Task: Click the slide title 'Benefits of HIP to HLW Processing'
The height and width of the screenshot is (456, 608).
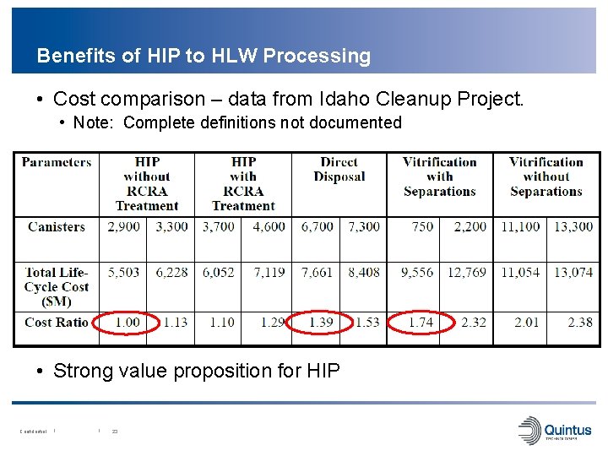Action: pyautogui.click(x=204, y=56)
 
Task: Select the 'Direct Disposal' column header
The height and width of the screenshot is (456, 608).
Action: pyautogui.click(x=339, y=169)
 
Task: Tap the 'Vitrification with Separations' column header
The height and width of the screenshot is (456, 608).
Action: pyautogui.click(x=439, y=176)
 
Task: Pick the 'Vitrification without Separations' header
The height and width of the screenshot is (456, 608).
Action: pyautogui.click(x=546, y=176)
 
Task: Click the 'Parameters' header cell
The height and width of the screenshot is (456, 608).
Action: pyautogui.click(x=57, y=162)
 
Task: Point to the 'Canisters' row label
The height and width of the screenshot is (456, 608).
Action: pyautogui.click(x=57, y=226)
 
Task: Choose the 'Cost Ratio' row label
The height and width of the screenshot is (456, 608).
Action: pyautogui.click(x=57, y=322)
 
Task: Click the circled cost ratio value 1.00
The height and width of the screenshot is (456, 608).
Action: pyautogui.click(x=127, y=322)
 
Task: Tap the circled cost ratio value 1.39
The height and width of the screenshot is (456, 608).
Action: pyautogui.click(x=320, y=322)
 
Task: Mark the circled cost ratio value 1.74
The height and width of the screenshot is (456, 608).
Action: pyautogui.click(x=420, y=322)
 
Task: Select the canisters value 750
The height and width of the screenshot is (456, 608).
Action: pyautogui.click(x=422, y=226)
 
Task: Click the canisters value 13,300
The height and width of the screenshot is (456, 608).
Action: pyautogui.click(x=573, y=226)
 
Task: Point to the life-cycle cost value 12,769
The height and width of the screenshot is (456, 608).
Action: pyautogui.click(x=467, y=272)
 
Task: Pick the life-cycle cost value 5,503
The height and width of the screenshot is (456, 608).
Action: pyautogui.click(x=122, y=272)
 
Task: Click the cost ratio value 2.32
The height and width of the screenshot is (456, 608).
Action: pyautogui.click(x=473, y=322)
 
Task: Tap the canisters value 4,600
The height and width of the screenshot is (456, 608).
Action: pyautogui.click(x=269, y=226)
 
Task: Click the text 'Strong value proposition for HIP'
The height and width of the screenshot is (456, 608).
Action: pyautogui.click(x=197, y=370)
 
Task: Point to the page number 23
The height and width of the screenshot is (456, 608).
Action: pyautogui.click(x=115, y=432)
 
